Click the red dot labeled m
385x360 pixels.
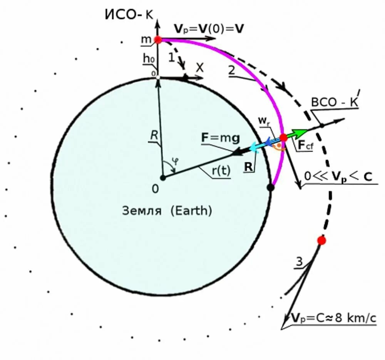pyautogui.click(x=157, y=39)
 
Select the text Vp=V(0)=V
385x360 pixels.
pyautogui.click(x=209, y=28)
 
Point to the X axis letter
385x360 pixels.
pyautogui.click(x=200, y=67)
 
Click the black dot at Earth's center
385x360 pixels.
pyautogui.click(x=163, y=177)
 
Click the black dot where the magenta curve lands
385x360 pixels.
pyautogui.click(x=271, y=188)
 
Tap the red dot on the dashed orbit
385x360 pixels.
pyautogui.click(x=321, y=241)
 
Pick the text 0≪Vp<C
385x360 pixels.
pyautogui.click(x=338, y=176)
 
